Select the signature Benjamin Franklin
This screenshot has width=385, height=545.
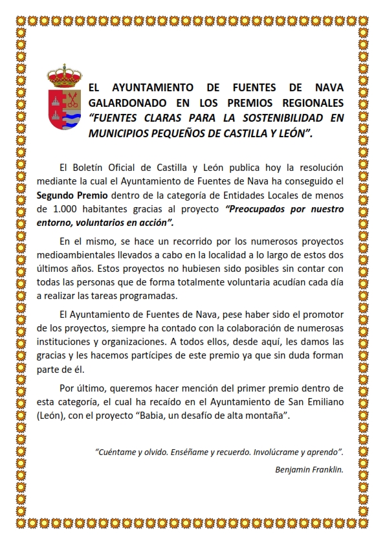click(309, 469)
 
